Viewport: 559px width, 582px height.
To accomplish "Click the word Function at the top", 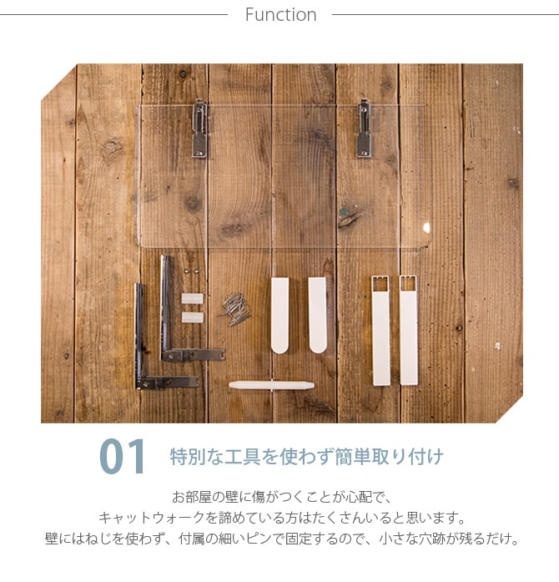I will [x=280, y=15].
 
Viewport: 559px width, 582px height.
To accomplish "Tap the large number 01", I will [x=122, y=457].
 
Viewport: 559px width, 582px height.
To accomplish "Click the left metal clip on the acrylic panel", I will [x=200, y=129].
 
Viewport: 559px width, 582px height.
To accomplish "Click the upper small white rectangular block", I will [x=193, y=298].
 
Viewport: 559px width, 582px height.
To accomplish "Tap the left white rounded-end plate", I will [x=280, y=314].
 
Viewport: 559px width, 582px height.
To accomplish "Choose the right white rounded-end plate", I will [x=318, y=314].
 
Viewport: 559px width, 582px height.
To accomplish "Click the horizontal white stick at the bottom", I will [x=272, y=385].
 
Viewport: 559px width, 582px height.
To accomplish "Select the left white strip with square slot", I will [x=380, y=330].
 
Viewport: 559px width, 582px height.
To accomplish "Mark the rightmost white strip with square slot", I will [x=408, y=330].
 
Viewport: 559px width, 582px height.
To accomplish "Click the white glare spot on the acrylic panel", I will [x=426, y=227].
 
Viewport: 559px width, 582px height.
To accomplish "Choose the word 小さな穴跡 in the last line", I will [x=429, y=539].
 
